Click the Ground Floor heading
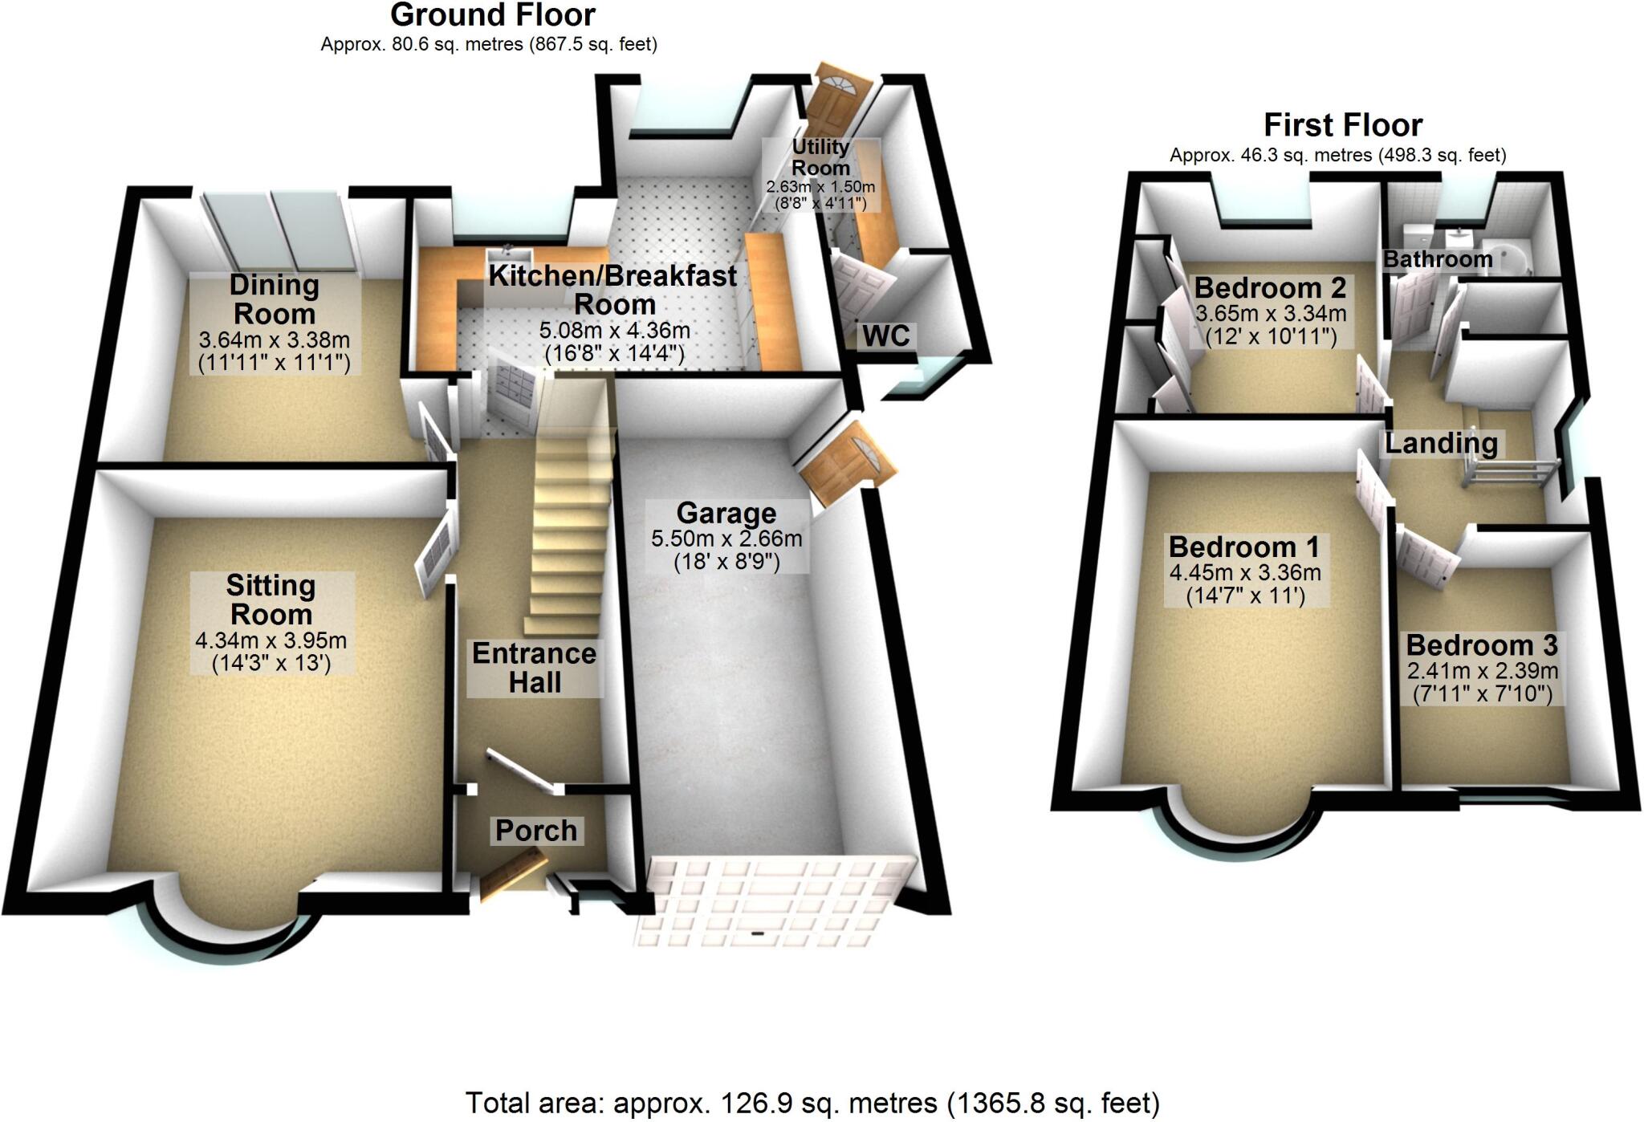click(x=492, y=15)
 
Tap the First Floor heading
click(x=1342, y=125)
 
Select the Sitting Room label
click(x=271, y=600)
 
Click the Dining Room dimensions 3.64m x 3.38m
click(x=274, y=340)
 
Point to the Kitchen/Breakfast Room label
click(x=612, y=290)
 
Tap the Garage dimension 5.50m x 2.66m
click(x=726, y=538)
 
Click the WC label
click(x=885, y=336)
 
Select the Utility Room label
click(x=820, y=157)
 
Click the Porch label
click(x=535, y=831)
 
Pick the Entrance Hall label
click(x=534, y=668)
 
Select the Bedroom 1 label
click(x=1243, y=547)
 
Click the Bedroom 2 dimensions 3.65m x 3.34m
click(x=1271, y=313)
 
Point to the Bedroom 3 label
click(x=1481, y=645)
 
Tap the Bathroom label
click(x=1437, y=259)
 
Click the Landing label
click(x=1441, y=443)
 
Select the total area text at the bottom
click(x=812, y=1104)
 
